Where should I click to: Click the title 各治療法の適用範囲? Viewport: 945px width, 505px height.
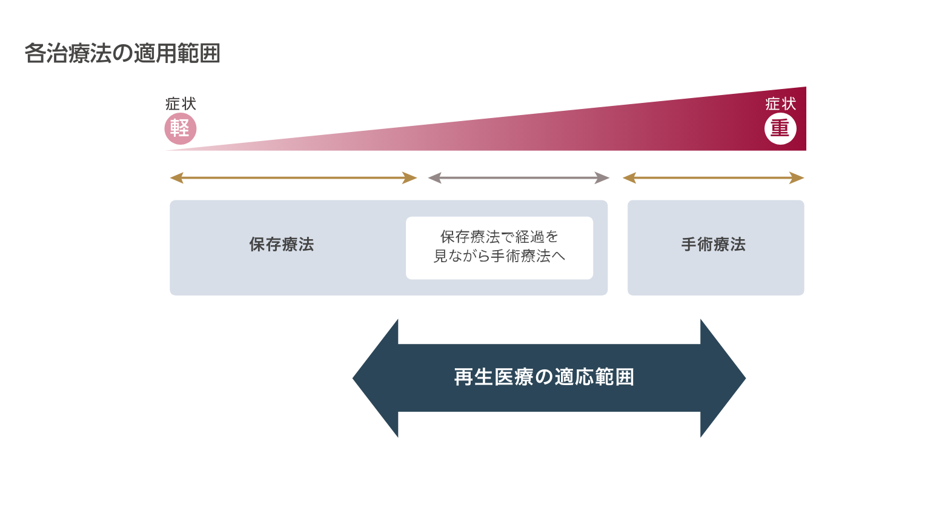pyautogui.click(x=122, y=54)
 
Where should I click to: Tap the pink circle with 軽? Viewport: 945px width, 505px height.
pyautogui.click(x=181, y=129)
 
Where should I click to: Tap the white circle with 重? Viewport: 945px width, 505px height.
pyautogui.click(x=780, y=129)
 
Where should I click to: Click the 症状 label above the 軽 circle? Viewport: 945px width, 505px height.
pyautogui.click(x=181, y=104)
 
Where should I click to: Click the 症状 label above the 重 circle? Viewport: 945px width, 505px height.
pyautogui.click(x=780, y=104)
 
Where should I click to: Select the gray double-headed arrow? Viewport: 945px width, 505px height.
pyautogui.click(x=519, y=178)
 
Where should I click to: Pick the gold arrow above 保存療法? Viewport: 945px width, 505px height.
pyautogui.click(x=294, y=178)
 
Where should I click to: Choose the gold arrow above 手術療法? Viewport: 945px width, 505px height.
pyautogui.click(x=714, y=178)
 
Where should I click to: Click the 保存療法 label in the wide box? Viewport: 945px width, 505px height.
pyautogui.click(x=282, y=245)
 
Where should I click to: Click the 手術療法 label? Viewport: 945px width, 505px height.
pyautogui.click(x=714, y=245)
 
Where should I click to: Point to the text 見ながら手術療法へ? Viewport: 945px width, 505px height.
pyautogui.click(x=499, y=257)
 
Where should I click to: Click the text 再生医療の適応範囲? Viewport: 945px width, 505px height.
pyautogui.click(x=544, y=377)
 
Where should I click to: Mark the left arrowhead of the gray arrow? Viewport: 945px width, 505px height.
pyautogui.click(x=434, y=178)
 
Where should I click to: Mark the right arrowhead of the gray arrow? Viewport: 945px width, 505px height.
pyautogui.click(x=603, y=178)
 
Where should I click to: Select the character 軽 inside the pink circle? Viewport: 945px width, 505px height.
pyautogui.click(x=180, y=128)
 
